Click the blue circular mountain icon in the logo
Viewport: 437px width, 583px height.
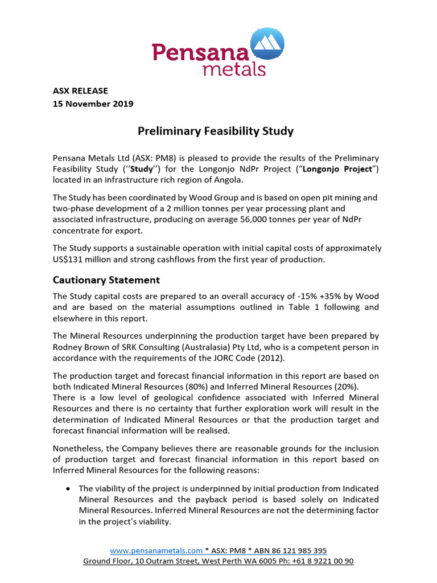pyautogui.click(x=267, y=44)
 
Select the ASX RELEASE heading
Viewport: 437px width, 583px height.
pyautogui.click(x=80, y=91)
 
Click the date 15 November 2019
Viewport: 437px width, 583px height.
pyautogui.click(x=93, y=104)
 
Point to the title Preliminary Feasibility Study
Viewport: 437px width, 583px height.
pyautogui.click(x=216, y=132)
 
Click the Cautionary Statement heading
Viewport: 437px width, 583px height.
pyautogui.click(x=106, y=280)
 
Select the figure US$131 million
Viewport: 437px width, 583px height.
pyautogui.click(x=80, y=260)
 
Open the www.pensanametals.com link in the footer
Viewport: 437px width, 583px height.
pyautogui.click(x=156, y=551)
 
